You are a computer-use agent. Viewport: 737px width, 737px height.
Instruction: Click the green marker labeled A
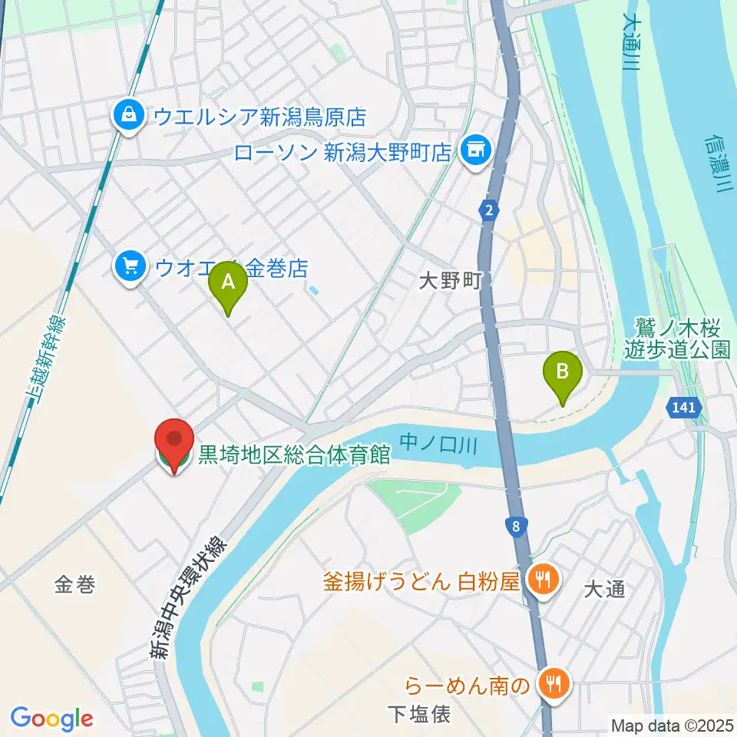tap(228, 284)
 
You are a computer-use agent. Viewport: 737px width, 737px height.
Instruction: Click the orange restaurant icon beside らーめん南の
tap(552, 683)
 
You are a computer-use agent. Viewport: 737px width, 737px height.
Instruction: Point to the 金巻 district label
tap(74, 586)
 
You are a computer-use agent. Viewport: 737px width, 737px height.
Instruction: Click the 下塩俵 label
tap(418, 715)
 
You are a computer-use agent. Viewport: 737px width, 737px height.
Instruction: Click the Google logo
tap(51, 719)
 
